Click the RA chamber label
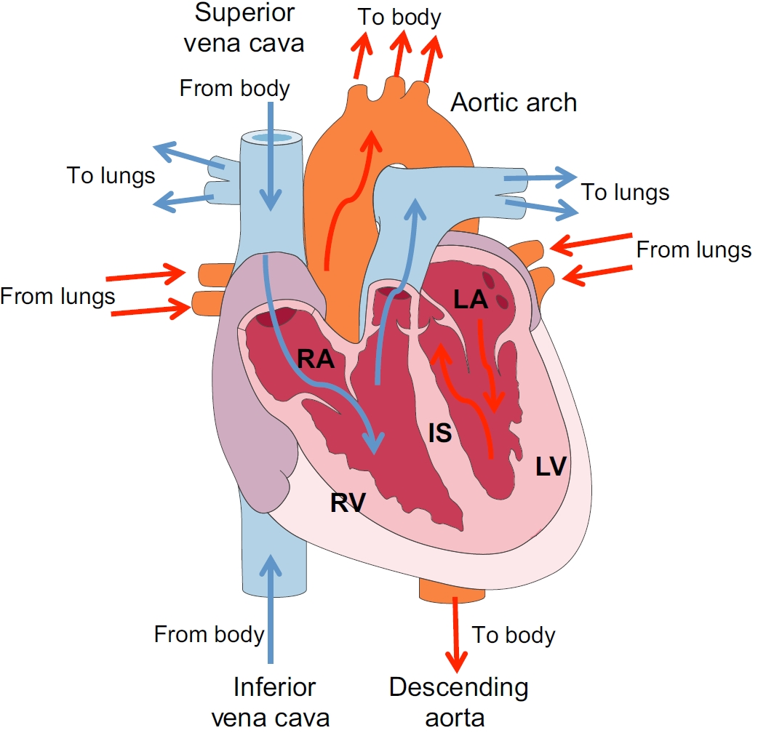pyautogui.click(x=315, y=359)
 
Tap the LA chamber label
pyautogui.click(x=471, y=300)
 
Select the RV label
pyautogui.click(x=347, y=502)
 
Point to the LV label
pyautogui.click(x=551, y=466)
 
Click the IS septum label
pyautogui.click(x=440, y=433)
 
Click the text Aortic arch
pyautogui.click(x=514, y=103)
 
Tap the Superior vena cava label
pyautogui.click(x=244, y=28)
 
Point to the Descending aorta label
pyautogui.click(x=458, y=702)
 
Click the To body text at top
pyautogui.click(x=399, y=17)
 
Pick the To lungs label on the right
pyautogui.click(x=625, y=193)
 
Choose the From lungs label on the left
pyautogui.click(x=57, y=296)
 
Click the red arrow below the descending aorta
pyautogui.click(x=458, y=633)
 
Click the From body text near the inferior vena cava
pyautogui.click(x=209, y=634)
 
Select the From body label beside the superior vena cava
pyautogui.click(x=234, y=89)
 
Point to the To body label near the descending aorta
pyautogui.click(x=514, y=635)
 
